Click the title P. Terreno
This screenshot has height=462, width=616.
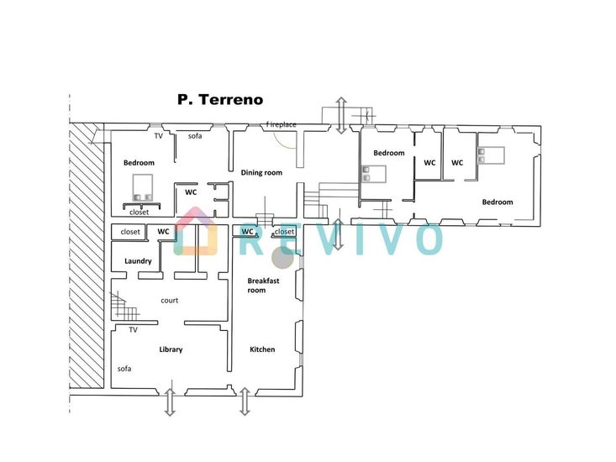(x=220, y=100)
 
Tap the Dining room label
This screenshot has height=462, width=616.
(x=261, y=173)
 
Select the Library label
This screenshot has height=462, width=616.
(x=171, y=349)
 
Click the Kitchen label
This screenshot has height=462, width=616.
(x=262, y=349)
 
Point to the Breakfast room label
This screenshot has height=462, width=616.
(x=263, y=286)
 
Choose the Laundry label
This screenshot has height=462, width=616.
(x=138, y=261)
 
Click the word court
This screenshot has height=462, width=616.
(x=169, y=300)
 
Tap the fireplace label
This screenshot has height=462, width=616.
(x=281, y=124)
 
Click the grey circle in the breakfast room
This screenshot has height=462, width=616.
(x=283, y=259)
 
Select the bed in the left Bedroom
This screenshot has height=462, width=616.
(x=142, y=188)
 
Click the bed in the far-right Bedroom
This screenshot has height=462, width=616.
(x=491, y=155)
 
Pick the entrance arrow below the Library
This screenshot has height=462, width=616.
(x=170, y=402)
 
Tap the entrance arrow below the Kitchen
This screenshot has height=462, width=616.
(x=245, y=402)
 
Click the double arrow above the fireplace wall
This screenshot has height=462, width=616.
(x=341, y=115)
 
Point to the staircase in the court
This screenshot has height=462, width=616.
(x=124, y=305)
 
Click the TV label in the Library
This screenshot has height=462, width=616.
(x=133, y=330)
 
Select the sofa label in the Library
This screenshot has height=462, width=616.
(x=124, y=369)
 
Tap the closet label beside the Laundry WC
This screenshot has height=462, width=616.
(x=130, y=232)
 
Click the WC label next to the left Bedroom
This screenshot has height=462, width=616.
(x=191, y=192)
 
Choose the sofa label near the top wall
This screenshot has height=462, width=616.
(x=195, y=136)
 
